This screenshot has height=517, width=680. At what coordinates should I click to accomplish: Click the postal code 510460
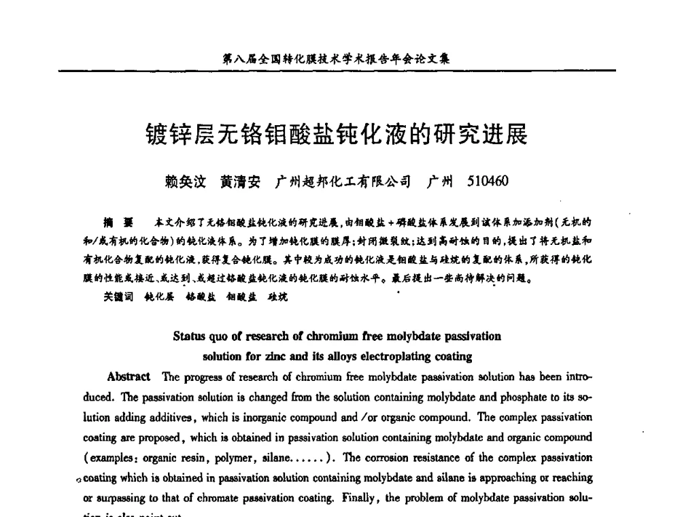pyautogui.click(x=488, y=182)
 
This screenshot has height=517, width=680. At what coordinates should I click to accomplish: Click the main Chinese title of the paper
pyautogui.click(x=337, y=135)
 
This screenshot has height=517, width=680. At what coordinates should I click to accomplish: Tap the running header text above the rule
pyautogui.click(x=336, y=59)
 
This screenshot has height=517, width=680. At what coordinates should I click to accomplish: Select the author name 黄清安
pyautogui.click(x=240, y=182)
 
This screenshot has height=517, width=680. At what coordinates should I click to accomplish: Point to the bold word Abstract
pyautogui.click(x=129, y=377)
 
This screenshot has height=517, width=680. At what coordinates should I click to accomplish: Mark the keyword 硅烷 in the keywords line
pyautogui.click(x=277, y=297)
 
